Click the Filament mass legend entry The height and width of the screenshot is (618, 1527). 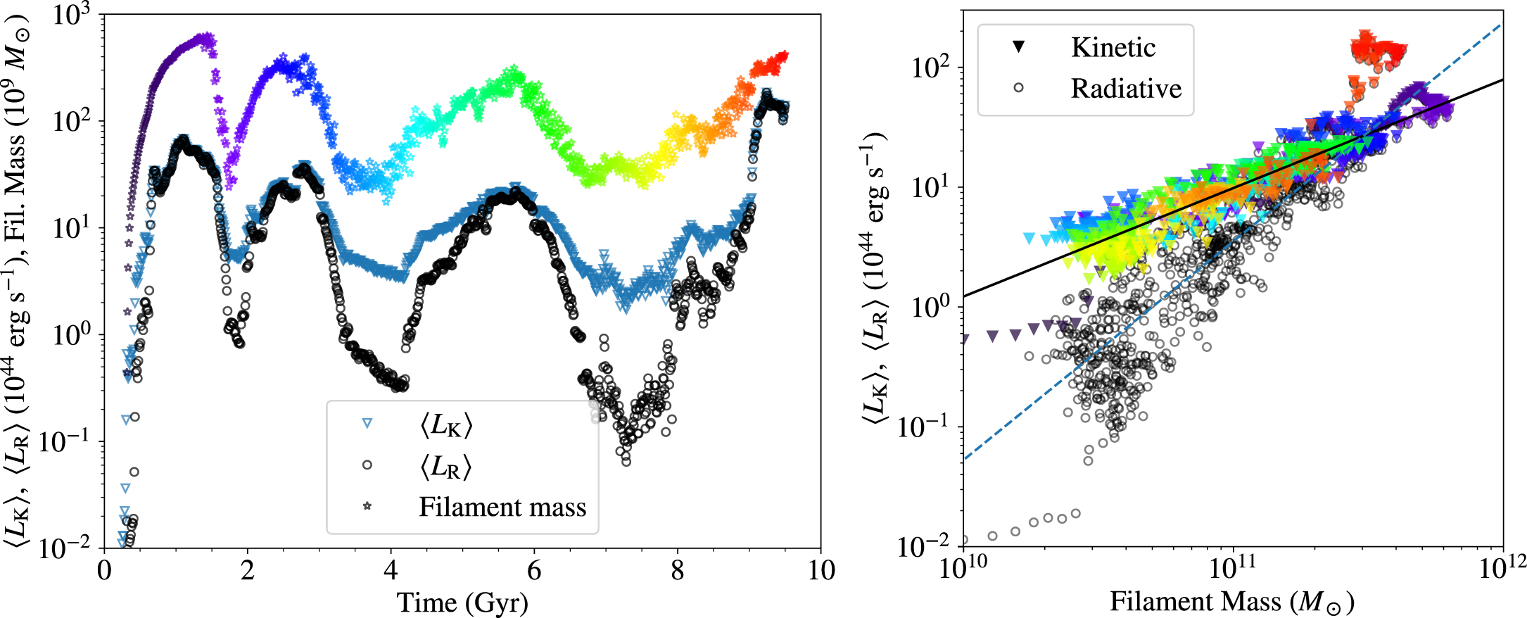point(502,507)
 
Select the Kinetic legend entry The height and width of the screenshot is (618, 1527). point(1113,47)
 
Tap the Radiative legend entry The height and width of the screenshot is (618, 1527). point(1126,89)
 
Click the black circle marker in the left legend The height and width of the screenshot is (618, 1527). point(367,465)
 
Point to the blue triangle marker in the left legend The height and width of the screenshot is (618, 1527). point(367,424)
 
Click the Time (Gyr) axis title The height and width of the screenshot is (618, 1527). point(462,603)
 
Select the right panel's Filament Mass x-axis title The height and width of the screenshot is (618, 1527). point(1232,602)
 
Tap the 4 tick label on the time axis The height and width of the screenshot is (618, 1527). point(391,570)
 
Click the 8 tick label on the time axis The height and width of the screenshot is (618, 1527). point(677,570)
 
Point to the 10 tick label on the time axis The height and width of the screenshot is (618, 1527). point(820,570)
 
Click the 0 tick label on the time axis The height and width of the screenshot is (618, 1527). point(104,570)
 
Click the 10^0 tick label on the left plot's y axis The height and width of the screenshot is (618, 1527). point(72,335)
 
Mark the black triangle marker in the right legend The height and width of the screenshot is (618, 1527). point(1018,47)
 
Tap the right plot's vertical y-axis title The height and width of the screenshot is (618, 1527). point(874,282)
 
